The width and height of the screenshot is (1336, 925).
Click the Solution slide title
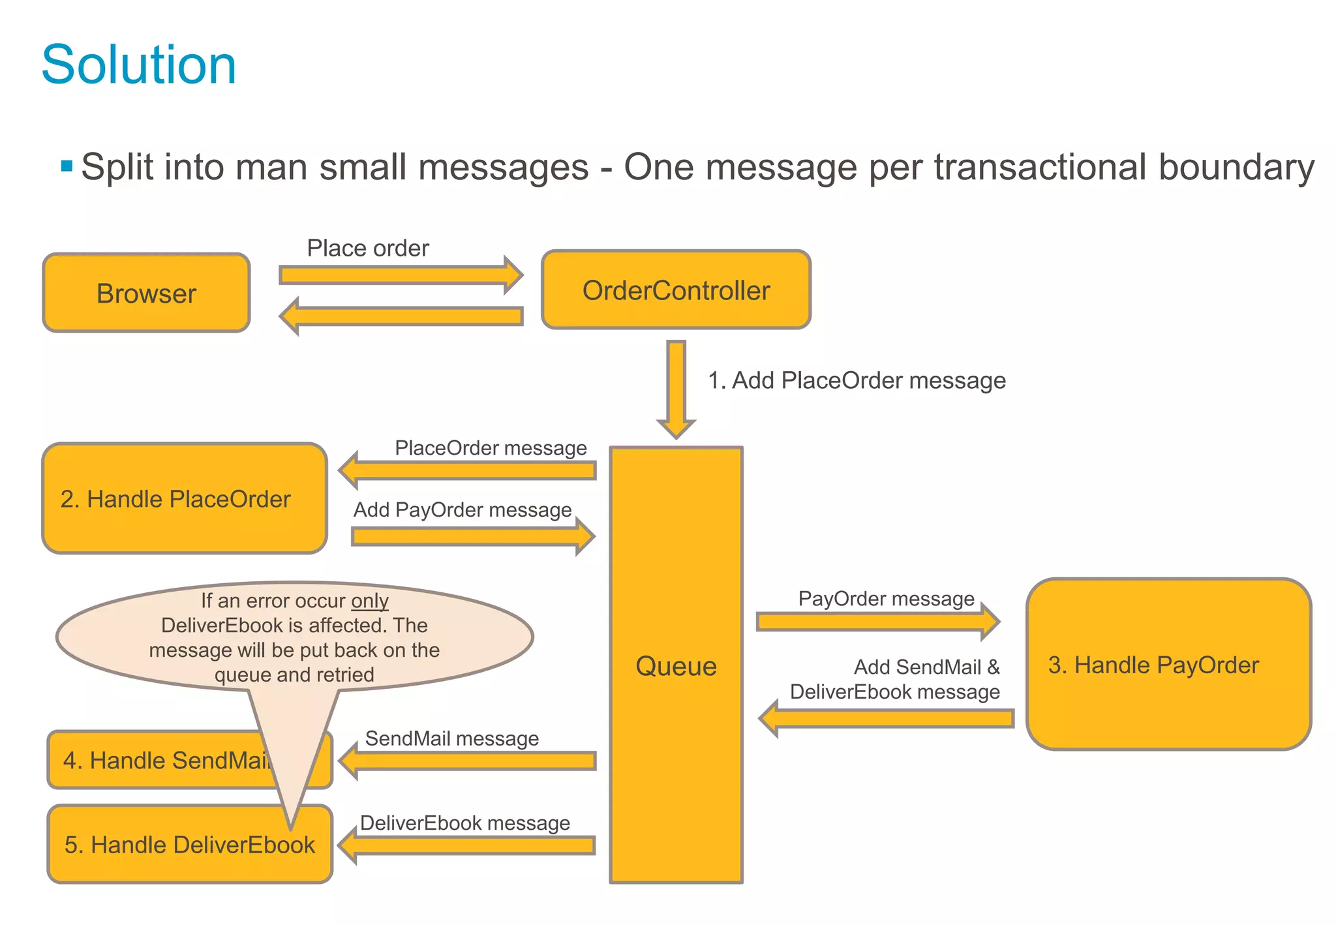[138, 65]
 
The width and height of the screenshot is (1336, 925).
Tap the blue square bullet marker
[67, 166]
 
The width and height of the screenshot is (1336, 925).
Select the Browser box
[146, 293]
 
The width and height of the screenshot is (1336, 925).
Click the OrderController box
[676, 290]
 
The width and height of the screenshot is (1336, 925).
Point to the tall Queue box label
[676, 666]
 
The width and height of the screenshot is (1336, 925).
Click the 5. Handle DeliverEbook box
[189, 845]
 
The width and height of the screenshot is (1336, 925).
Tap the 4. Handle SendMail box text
[163, 760]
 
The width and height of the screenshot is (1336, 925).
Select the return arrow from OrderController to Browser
[401, 316]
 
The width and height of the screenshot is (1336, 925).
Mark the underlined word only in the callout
[370, 600]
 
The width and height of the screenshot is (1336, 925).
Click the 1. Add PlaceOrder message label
[857, 380]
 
